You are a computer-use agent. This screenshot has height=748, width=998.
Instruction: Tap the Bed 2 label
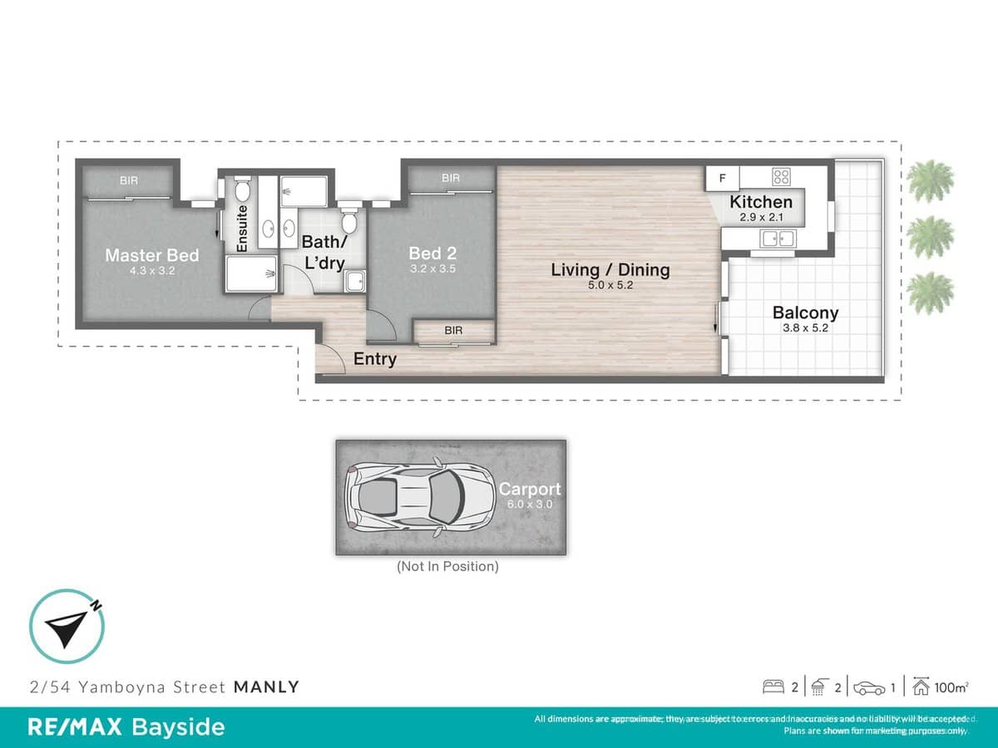point(432,253)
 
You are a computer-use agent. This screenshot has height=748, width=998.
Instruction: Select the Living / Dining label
point(610,269)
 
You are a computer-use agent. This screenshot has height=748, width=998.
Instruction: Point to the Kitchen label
point(761,202)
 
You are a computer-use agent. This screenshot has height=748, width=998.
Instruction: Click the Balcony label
point(805,313)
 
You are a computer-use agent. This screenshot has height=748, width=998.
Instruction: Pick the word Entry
point(375,360)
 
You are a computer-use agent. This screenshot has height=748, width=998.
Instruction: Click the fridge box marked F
point(722,178)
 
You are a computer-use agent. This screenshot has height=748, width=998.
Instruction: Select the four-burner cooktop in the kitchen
point(781,176)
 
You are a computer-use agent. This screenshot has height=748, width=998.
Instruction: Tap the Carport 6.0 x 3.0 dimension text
point(530,504)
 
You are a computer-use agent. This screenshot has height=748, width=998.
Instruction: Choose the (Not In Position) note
point(448,567)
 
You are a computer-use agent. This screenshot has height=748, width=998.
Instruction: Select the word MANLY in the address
point(266,687)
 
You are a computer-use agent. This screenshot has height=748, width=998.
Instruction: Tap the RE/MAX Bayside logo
point(126,727)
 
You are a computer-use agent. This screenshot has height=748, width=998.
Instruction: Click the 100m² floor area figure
point(951,687)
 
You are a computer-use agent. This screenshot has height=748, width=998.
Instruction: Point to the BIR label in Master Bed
point(129,180)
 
